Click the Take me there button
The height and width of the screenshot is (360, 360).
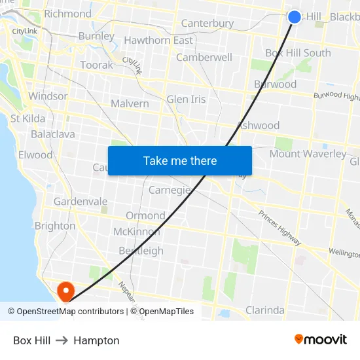[180, 160]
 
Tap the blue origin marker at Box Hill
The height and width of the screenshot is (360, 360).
[295, 17]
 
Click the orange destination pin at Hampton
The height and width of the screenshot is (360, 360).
[66, 290]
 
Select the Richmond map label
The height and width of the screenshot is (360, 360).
[67, 13]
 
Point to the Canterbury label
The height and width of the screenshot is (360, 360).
[207, 24]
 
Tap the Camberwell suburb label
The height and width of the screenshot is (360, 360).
[204, 57]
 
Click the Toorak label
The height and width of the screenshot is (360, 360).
[96, 65]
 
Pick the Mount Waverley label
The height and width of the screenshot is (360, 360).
[308, 154]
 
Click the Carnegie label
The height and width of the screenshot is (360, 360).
[170, 190]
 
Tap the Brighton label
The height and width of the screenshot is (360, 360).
[55, 226]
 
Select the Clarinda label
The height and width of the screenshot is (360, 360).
[264, 310]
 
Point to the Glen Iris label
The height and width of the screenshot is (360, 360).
[186, 99]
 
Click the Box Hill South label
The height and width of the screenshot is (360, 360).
[298, 52]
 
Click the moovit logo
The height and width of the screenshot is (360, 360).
[321, 339]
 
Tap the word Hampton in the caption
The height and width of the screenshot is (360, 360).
[96, 340]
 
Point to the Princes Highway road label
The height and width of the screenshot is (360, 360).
[279, 228]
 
